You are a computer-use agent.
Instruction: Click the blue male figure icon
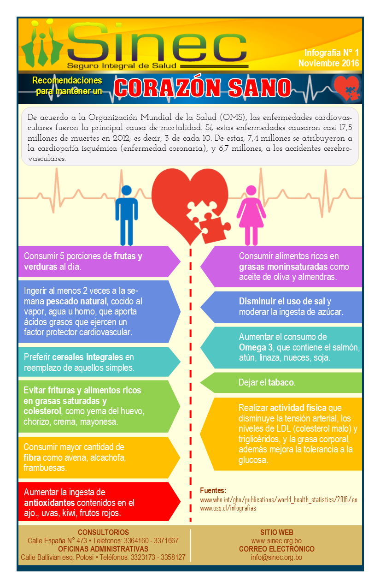click(x=126, y=215)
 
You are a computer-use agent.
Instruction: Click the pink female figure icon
click(x=251, y=215)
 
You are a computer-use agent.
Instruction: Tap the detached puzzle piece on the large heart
click(x=215, y=228)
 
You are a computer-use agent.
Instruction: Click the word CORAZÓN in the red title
click(x=167, y=88)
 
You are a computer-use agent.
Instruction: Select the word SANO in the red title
click(x=260, y=88)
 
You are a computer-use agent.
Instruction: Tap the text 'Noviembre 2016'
click(x=328, y=63)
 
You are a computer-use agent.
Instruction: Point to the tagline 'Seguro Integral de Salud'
click(x=122, y=65)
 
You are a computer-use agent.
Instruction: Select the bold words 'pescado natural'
click(x=76, y=301)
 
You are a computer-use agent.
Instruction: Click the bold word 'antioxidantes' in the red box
click(x=49, y=503)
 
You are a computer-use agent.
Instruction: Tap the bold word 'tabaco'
click(x=281, y=382)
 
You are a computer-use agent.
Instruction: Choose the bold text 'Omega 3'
click(x=256, y=347)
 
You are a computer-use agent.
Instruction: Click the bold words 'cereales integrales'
click(x=88, y=357)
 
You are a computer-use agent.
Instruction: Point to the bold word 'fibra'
click(x=32, y=457)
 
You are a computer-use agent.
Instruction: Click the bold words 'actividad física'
click(x=298, y=408)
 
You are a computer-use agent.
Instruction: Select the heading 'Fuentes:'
click(x=213, y=490)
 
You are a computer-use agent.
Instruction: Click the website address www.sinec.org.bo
click(x=276, y=540)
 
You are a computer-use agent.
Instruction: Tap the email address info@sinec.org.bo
click(x=276, y=557)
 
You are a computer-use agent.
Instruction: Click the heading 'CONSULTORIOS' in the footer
click(x=103, y=532)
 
